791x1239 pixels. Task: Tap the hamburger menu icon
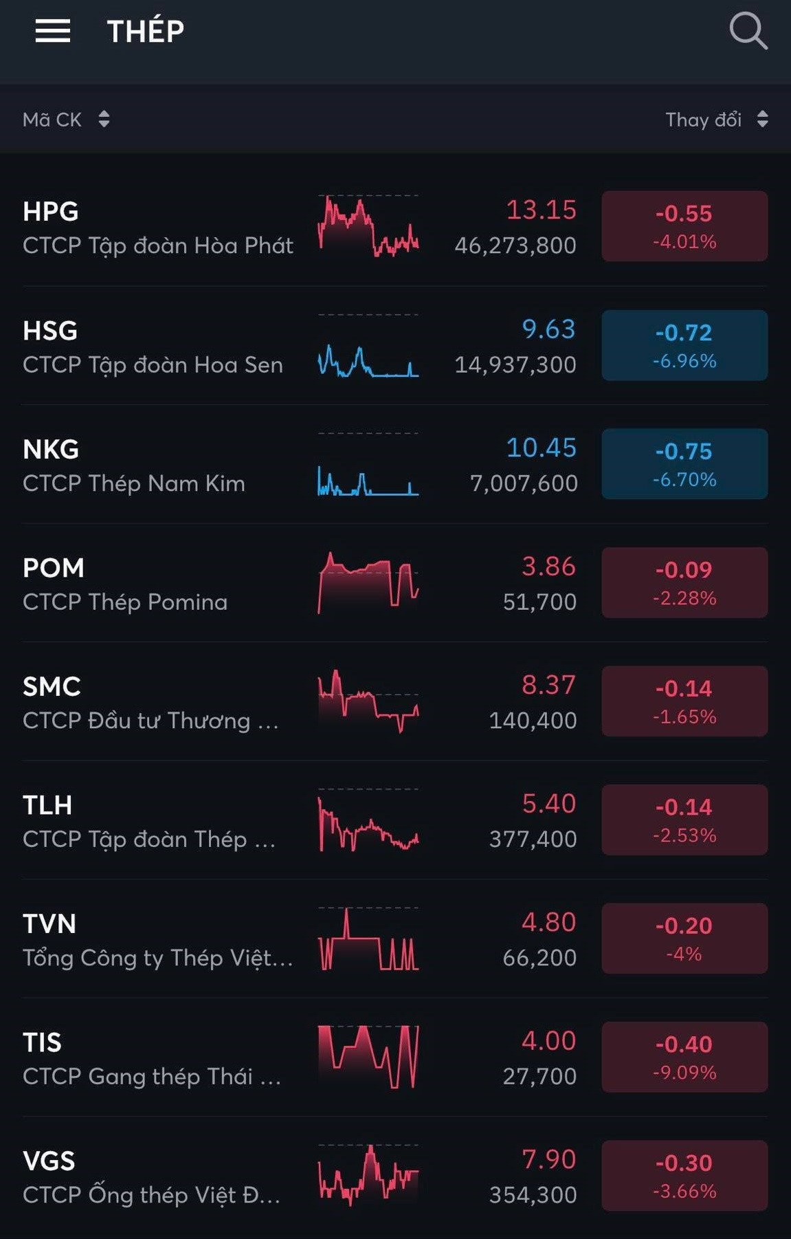(x=53, y=31)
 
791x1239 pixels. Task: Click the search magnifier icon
(x=748, y=31)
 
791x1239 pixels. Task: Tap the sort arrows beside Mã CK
(x=104, y=119)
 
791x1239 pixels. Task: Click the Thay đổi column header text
(x=703, y=120)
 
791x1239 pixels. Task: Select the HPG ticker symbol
(x=50, y=212)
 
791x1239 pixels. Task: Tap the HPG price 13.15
(x=541, y=210)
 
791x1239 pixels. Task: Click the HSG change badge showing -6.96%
(x=684, y=345)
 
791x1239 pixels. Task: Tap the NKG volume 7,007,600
(x=524, y=483)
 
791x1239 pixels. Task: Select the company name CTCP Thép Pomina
(x=125, y=602)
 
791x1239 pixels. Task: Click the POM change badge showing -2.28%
(x=684, y=582)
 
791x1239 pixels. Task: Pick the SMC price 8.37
(x=548, y=685)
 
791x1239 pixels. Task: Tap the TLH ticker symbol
(x=47, y=804)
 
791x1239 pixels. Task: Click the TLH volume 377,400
(x=533, y=839)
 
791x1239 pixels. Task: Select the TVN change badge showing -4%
(x=684, y=939)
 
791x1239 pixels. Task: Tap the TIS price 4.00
(x=548, y=1040)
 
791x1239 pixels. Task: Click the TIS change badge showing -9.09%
(x=684, y=1057)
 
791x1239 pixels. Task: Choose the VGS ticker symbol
(x=49, y=1161)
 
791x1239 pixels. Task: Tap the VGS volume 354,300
(x=533, y=1195)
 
